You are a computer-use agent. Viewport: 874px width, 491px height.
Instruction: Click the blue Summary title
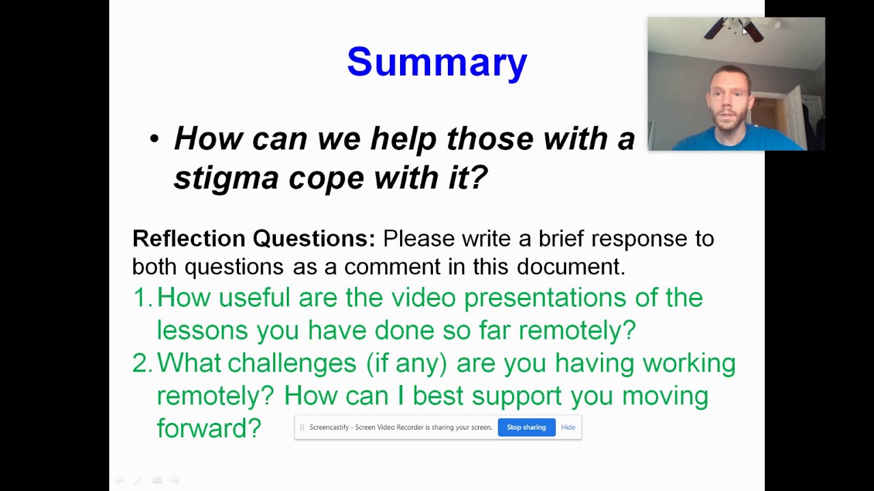(437, 62)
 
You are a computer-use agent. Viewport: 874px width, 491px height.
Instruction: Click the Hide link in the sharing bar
(568, 428)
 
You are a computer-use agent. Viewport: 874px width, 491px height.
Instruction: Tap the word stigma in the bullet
(226, 178)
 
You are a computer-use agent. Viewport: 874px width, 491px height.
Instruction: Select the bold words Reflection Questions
(253, 239)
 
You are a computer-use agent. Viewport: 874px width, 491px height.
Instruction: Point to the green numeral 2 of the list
(141, 363)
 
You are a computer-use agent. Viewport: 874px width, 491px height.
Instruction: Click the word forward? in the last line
(209, 429)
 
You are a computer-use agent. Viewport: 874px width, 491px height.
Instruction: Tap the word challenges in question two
(292, 363)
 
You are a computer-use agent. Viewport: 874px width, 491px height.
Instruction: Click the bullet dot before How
(154, 139)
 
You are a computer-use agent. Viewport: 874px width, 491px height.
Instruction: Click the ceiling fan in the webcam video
(733, 29)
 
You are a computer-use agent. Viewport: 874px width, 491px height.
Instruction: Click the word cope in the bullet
(326, 178)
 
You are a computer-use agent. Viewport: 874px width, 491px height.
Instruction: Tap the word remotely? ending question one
(577, 331)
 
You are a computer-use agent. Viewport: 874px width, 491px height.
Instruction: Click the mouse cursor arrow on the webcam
(745, 31)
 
